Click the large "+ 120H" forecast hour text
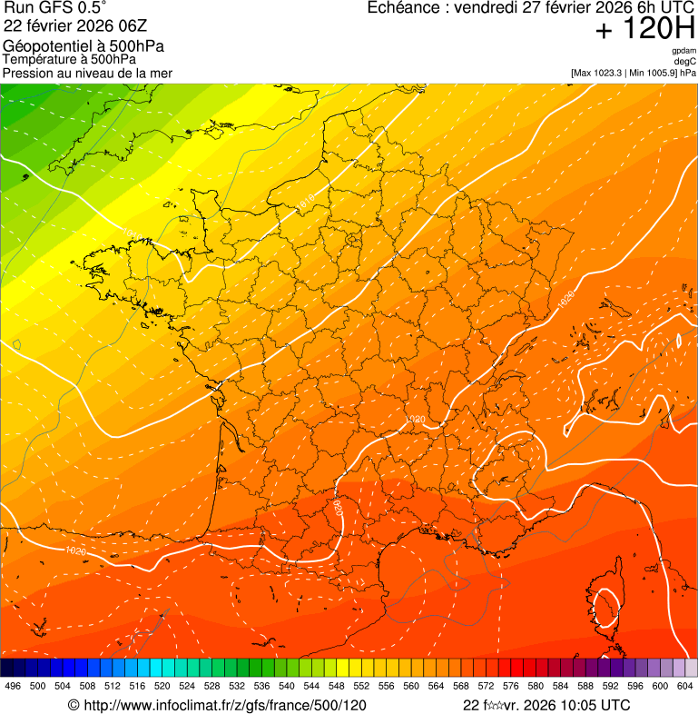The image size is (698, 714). [645, 30]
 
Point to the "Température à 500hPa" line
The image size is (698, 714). [69, 60]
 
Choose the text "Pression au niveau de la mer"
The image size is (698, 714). [87, 73]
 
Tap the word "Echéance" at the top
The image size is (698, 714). [404, 7]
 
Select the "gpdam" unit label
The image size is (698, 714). [683, 51]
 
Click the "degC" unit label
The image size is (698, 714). [685, 61]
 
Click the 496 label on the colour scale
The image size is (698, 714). [13, 687]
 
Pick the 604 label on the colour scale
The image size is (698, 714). [685, 687]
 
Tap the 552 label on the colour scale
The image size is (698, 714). [361, 687]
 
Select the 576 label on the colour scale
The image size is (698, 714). [511, 687]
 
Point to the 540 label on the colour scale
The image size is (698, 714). [287, 687]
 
